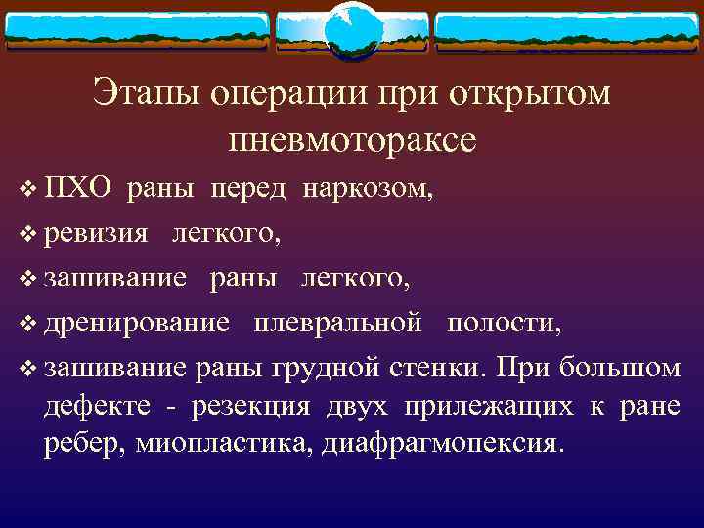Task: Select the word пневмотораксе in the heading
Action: tap(351, 139)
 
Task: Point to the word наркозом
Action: tap(367, 189)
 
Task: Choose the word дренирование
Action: tap(138, 324)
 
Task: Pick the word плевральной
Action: tap(338, 324)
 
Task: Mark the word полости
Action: tap(506, 324)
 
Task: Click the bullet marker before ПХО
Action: tap(26, 190)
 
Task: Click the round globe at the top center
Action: tap(352, 29)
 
